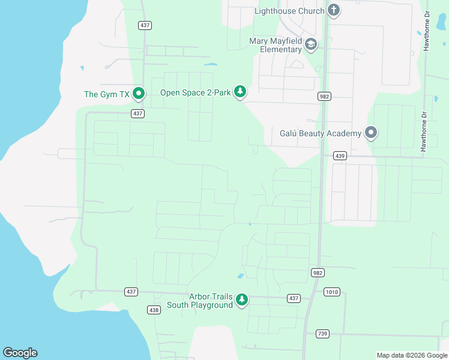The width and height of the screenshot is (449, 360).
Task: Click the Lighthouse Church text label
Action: (289, 11)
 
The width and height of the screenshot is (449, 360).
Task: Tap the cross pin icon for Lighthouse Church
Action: (334, 10)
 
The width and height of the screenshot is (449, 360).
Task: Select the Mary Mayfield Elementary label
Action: (276, 45)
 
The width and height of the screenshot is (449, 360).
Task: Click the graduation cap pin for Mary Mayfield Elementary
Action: (310, 44)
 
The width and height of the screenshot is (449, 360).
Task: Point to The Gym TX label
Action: (106, 94)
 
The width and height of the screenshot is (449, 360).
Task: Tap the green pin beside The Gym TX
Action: (139, 93)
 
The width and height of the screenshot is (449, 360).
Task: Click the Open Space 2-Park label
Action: (196, 92)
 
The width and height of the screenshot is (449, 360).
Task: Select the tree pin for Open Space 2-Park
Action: (240, 91)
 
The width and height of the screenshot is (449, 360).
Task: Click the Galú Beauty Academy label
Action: (321, 133)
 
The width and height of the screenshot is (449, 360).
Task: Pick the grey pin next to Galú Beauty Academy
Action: (370, 132)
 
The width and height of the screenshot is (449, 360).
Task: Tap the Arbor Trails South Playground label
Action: (208, 301)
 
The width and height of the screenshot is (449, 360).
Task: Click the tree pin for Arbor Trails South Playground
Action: (241, 299)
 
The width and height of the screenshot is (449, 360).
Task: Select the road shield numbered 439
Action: (340, 156)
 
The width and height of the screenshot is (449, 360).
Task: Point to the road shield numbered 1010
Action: (331, 292)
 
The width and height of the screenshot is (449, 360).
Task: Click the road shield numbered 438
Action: (154, 310)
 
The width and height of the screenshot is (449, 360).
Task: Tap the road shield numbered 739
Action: (322, 334)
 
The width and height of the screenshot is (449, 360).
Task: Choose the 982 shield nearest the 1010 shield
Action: (318, 272)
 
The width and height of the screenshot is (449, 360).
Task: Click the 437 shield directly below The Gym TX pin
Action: (138, 113)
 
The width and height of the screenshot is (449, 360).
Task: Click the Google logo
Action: (20, 353)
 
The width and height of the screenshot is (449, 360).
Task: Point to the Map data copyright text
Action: (411, 355)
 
